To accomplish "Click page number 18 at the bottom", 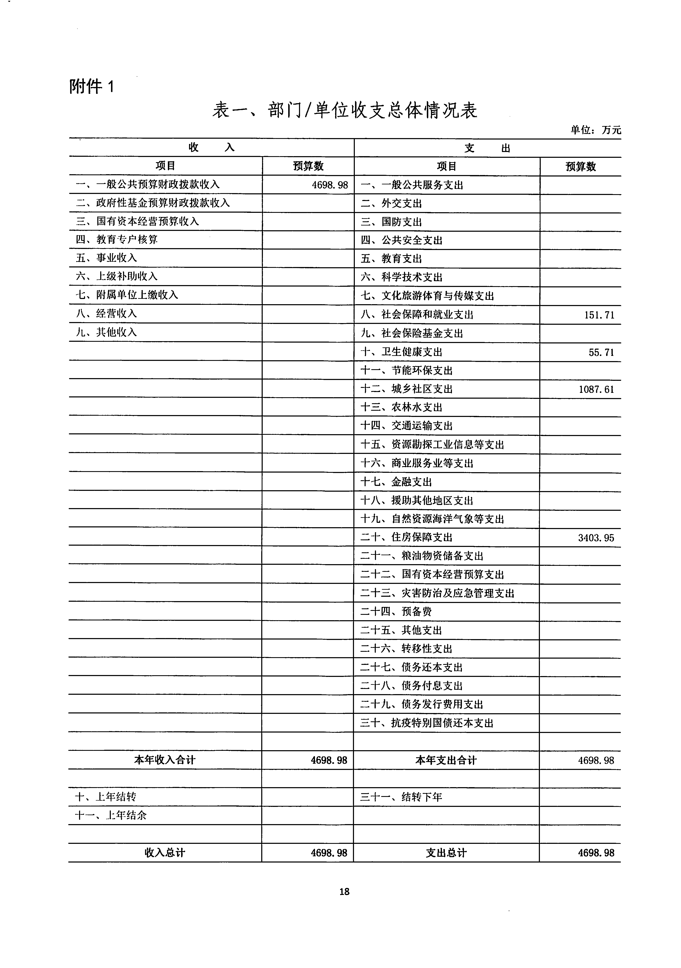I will (x=344, y=891).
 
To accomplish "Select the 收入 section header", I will (x=211, y=148).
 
